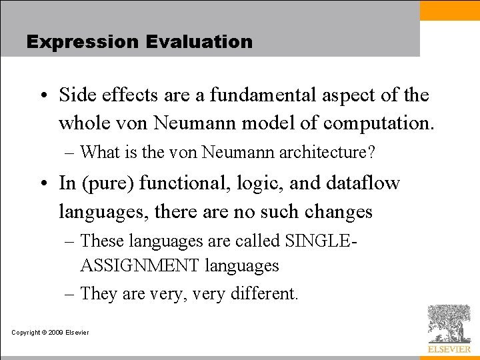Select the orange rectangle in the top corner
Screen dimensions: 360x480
pyautogui.click(x=450, y=9)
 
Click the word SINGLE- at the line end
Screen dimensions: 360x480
pyautogui.click(x=321, y=240)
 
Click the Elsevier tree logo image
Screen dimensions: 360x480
pyautogui.click(x=449, y=324)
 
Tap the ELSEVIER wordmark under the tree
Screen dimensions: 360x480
pyautogui.click(x=449, y=349)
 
